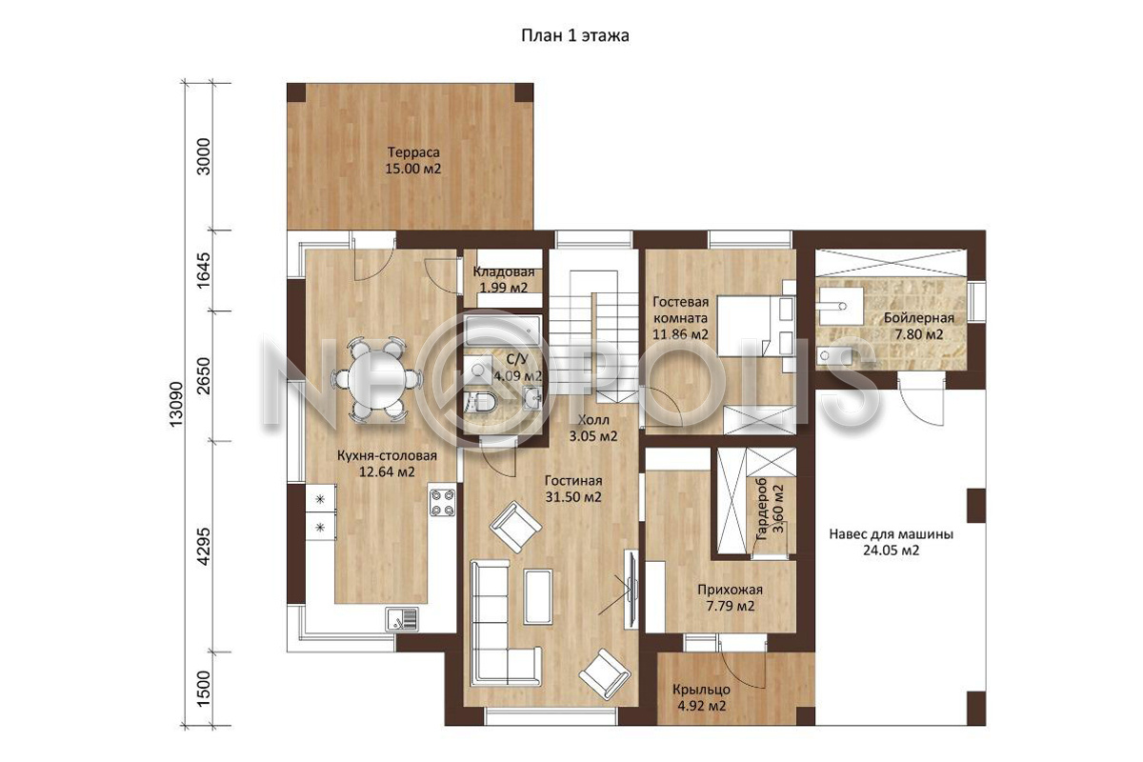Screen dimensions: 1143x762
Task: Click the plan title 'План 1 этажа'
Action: [x=575, y=36]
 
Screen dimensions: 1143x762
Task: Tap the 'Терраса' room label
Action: [x=413, y=152]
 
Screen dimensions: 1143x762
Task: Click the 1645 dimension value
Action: [x=203, y=271]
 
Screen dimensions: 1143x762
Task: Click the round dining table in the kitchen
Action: [x=376, y=380]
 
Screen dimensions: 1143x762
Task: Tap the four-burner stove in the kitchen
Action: [x=442, y=502]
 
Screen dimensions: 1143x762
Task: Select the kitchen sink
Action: [x=402, y=620]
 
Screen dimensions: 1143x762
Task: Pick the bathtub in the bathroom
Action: [x=503, y=331]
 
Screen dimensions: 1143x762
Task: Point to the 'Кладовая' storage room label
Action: [x=504, y=271]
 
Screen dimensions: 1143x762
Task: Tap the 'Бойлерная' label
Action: [x=919, y=318]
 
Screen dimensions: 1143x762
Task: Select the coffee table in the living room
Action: [x=538, y=596]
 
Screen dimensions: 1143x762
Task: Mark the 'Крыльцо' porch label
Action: [x=701, y=690]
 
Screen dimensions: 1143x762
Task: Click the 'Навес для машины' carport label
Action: [x=891, y=534]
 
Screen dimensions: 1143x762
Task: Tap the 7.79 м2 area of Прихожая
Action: [x=731, y=607]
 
